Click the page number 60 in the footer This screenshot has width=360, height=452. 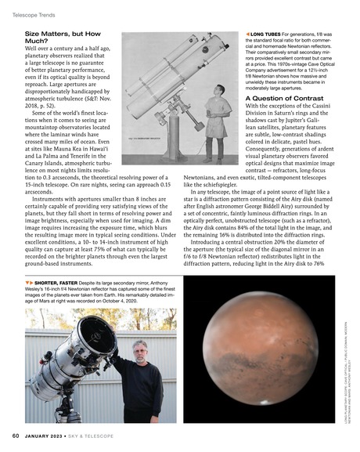click(x=15, y=435)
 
